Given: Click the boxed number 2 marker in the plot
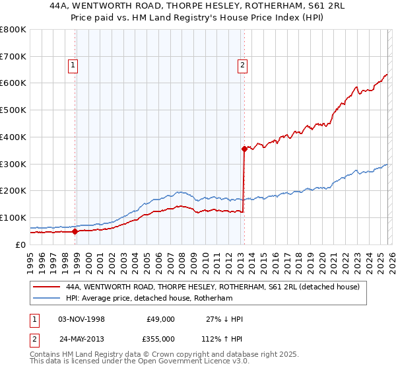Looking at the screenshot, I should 243,65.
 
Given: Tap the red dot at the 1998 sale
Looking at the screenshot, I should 75,231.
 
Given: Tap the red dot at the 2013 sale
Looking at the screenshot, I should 244,149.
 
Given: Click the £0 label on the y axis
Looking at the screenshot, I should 20,244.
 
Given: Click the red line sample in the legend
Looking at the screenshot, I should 46,287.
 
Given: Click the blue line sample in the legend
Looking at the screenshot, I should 46,298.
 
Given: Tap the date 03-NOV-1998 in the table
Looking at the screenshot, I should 81,319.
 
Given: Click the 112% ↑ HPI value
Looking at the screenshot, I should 222,338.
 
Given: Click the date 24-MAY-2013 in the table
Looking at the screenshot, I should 82,338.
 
